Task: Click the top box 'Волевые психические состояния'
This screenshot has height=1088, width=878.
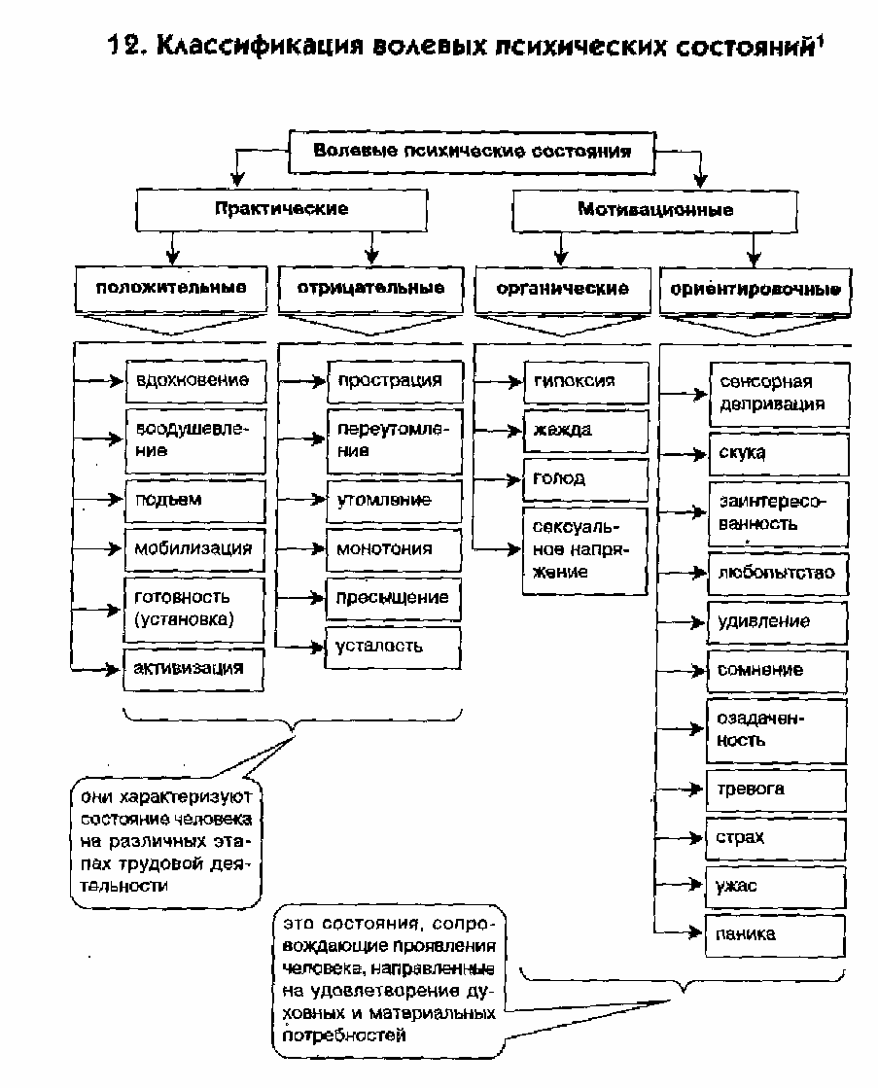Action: point(473,152)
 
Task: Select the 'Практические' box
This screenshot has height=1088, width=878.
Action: point(281,209)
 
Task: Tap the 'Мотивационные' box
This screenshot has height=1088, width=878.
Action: point(655,209)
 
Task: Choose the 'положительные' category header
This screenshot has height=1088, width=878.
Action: point(170,289)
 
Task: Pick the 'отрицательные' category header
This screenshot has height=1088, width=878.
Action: point(369,289)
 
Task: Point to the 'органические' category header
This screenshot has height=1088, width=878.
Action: point(562,289)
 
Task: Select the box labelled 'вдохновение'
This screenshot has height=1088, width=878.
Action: point(194,381)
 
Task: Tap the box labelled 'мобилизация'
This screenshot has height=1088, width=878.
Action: point(194,548)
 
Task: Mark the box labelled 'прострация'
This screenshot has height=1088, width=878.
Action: point(393,381)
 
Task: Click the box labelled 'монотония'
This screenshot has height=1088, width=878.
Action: point(393,548)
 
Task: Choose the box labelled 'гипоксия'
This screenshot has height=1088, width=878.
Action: point(585,381)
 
